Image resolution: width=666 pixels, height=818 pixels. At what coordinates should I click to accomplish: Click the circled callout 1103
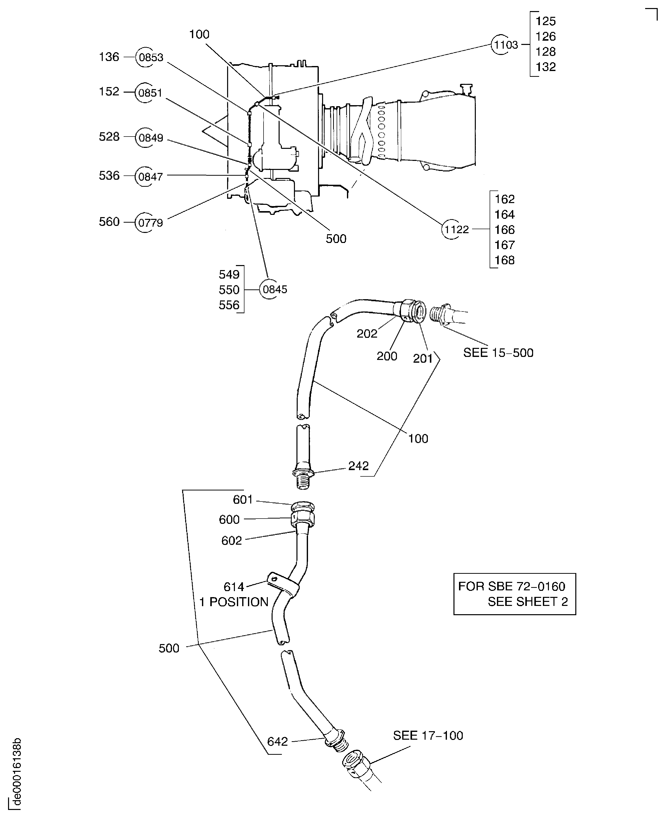(x=501, y=45)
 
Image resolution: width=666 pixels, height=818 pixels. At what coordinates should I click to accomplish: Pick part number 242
(x=358, y=466)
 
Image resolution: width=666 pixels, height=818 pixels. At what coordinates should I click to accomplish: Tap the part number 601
(x=243, y=500)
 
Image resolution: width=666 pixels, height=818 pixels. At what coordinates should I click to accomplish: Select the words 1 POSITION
(x=234, y=602)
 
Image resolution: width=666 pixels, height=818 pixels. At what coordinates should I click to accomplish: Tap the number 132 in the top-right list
(x=545, y=67)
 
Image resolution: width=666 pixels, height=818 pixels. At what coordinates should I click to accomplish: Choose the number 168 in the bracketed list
(x=504, y=260)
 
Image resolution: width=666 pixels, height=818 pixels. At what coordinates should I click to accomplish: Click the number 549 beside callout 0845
(x=229, y=274)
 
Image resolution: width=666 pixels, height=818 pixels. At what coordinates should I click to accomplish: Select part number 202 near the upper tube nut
(x=367, y=334)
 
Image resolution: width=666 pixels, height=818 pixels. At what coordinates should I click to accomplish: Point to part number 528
(x=109, y=137)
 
